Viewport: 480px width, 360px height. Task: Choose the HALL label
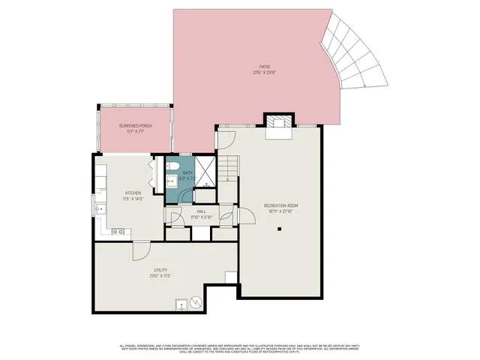[202, 214]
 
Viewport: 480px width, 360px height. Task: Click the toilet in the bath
[172, 166]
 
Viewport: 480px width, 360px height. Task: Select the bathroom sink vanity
[172, 180]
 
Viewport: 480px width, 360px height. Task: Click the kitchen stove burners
[118, 232]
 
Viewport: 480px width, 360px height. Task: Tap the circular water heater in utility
[196, 302]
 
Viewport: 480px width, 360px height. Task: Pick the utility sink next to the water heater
[181, 304]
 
